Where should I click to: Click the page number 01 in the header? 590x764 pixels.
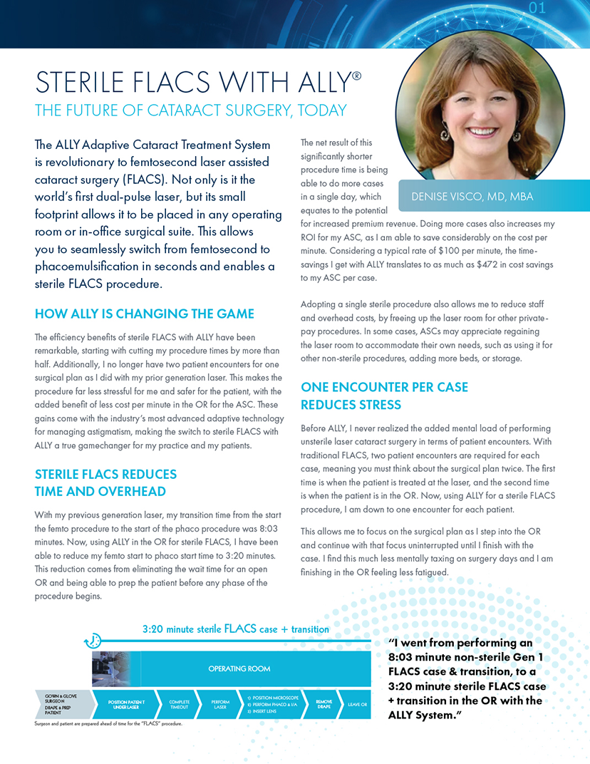(x=537, y=9)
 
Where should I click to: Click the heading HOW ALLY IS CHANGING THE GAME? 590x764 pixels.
(x=145, y=314)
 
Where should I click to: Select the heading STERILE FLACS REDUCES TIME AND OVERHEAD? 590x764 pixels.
(x=105, y=482)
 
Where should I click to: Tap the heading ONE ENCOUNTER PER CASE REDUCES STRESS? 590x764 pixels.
(x=385, y=396)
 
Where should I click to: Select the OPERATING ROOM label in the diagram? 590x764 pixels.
(x=239, y=668)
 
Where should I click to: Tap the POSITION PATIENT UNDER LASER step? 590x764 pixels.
(x=126, y=704)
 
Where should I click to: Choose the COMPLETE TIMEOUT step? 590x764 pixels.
(x=179, y=704)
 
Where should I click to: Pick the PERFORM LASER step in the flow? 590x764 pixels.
(x=221, y=704)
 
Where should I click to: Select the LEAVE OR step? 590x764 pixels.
(x=357, y=704)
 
